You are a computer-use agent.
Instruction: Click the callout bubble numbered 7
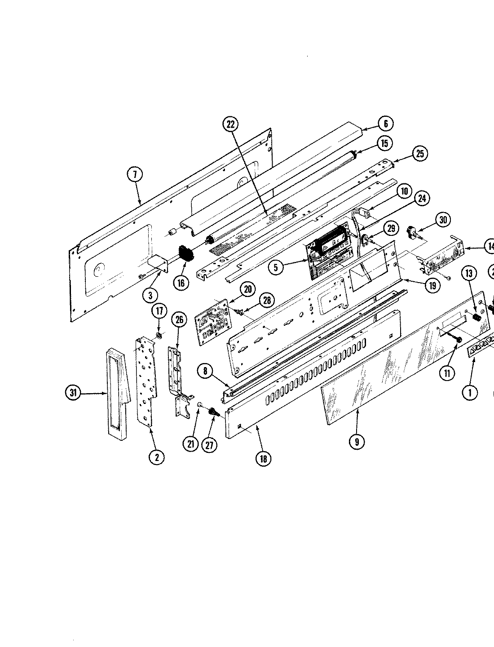pyautogui.click(x=135, y=174)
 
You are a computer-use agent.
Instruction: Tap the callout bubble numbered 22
pyautogui.click(x=230, y=124)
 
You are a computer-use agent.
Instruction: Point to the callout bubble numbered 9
pyautogui.click(x=357, y=442)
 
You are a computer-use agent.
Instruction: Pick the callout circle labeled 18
pyautogui.click(x=263, y=458)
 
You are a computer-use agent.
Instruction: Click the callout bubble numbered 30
pyautogui.click(x=444, y=220)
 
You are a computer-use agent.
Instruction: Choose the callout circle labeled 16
pyautogui.click(x=181, y=283)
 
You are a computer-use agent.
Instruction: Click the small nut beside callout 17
pyautogui.click(x=159, y=336)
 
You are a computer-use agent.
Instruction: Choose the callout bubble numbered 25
pyautogui.click(x=419, y=154)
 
